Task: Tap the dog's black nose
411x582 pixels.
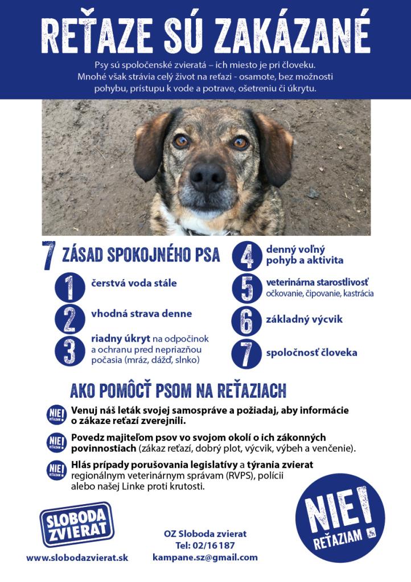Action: pyautogui.click(x=207, y=177)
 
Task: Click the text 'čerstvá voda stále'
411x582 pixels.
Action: pyautogui.click(x=134, y=283)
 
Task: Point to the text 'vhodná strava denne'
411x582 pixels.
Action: pyautogui.click(x=141, y=314)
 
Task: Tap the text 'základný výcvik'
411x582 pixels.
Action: pyautogui.click(x=305, y=319)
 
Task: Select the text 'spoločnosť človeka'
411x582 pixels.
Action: pyautogui.click(x=311, y=352)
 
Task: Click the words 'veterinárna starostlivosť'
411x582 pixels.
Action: pyautogui.click(x=317, y=282)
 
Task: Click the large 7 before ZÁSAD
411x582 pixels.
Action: pyautogui.click(x=49, y=256)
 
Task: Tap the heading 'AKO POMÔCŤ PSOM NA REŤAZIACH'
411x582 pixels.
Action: pyautogui.click(x=178, y=391)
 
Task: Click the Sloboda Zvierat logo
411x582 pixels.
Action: pyautogui.click(x=76, y=525)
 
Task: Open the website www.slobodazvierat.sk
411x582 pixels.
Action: pyautogui.click(x=77, y=558)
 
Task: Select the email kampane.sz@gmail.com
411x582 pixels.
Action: pyautogui.click(x=205, y=558)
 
